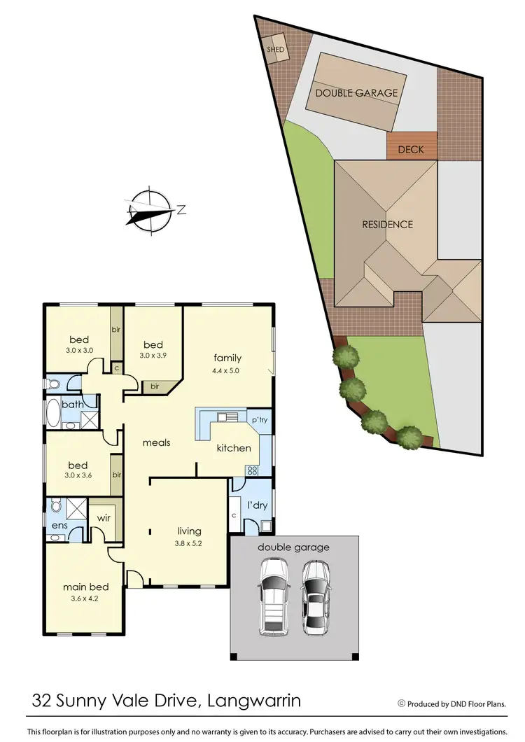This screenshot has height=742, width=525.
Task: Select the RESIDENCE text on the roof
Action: pos(387,225)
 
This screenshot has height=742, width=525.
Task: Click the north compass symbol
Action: pos(150,210)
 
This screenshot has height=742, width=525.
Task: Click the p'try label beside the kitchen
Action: pos(259,420)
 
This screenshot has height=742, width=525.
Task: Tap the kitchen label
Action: pos(233,448)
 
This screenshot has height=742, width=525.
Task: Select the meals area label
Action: pos(157,442)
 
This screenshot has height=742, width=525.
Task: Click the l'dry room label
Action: pos(258,505)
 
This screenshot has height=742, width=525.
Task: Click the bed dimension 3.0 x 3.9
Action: pos(153,356)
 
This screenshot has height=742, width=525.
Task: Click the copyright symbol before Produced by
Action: pos(401,703)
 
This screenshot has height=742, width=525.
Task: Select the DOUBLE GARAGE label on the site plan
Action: pos(356,92)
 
